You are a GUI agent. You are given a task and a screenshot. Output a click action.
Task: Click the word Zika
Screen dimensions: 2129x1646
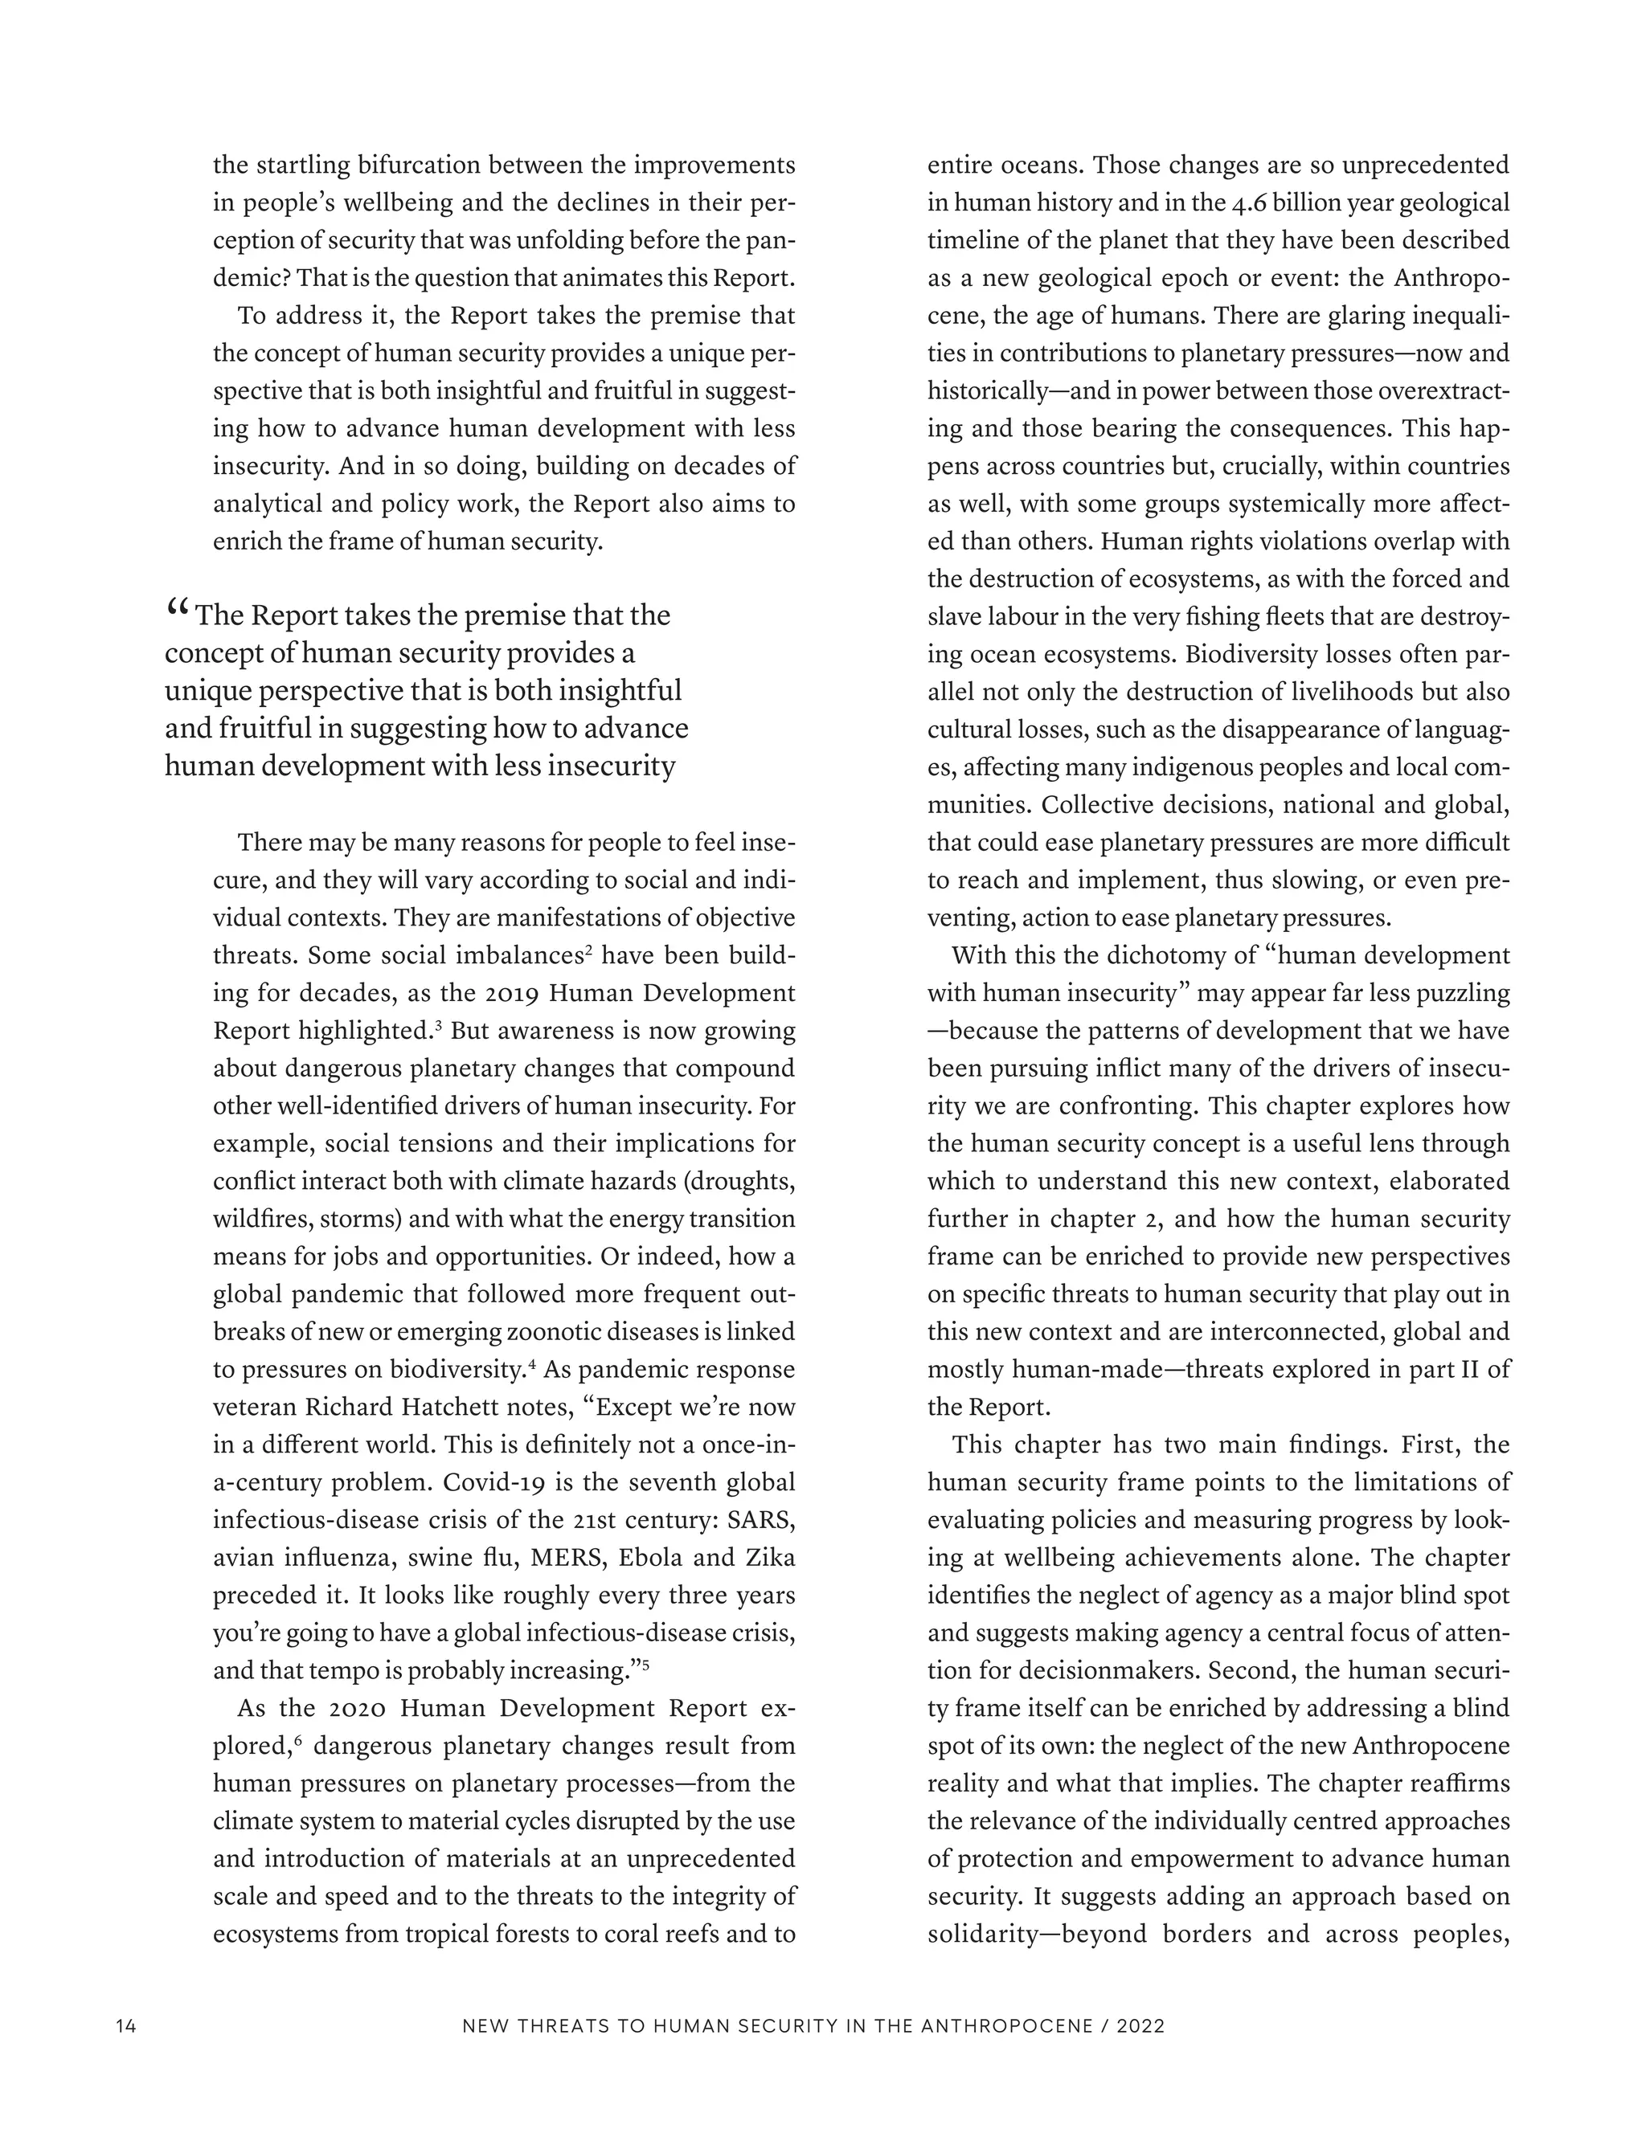tap(769, 1558)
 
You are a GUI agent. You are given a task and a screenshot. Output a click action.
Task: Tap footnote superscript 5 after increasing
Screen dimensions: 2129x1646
tap(645, 1664)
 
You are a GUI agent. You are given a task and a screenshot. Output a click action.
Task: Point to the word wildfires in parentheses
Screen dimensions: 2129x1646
tap(260, 1220)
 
